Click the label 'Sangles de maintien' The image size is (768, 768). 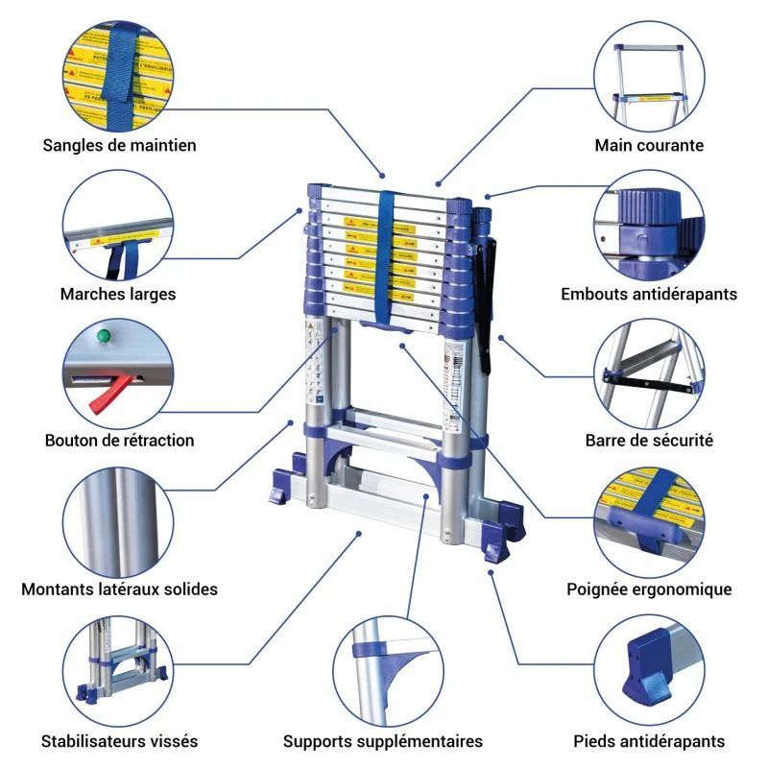(119, 146)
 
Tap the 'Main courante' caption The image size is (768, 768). (649, 146)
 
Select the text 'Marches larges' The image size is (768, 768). (118, 294)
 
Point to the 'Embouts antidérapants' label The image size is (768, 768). (649, 294)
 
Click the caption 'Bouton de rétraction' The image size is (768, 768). (119, 441)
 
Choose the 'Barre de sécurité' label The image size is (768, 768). (649, 441)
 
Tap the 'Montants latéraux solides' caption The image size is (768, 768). (119, 588)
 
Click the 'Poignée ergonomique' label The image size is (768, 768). (649, 588)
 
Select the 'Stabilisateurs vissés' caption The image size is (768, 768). (119, 741)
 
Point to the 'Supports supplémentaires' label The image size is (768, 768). (382, 741)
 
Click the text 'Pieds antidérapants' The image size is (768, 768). (649, 741)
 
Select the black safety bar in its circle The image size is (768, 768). (648, 382)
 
